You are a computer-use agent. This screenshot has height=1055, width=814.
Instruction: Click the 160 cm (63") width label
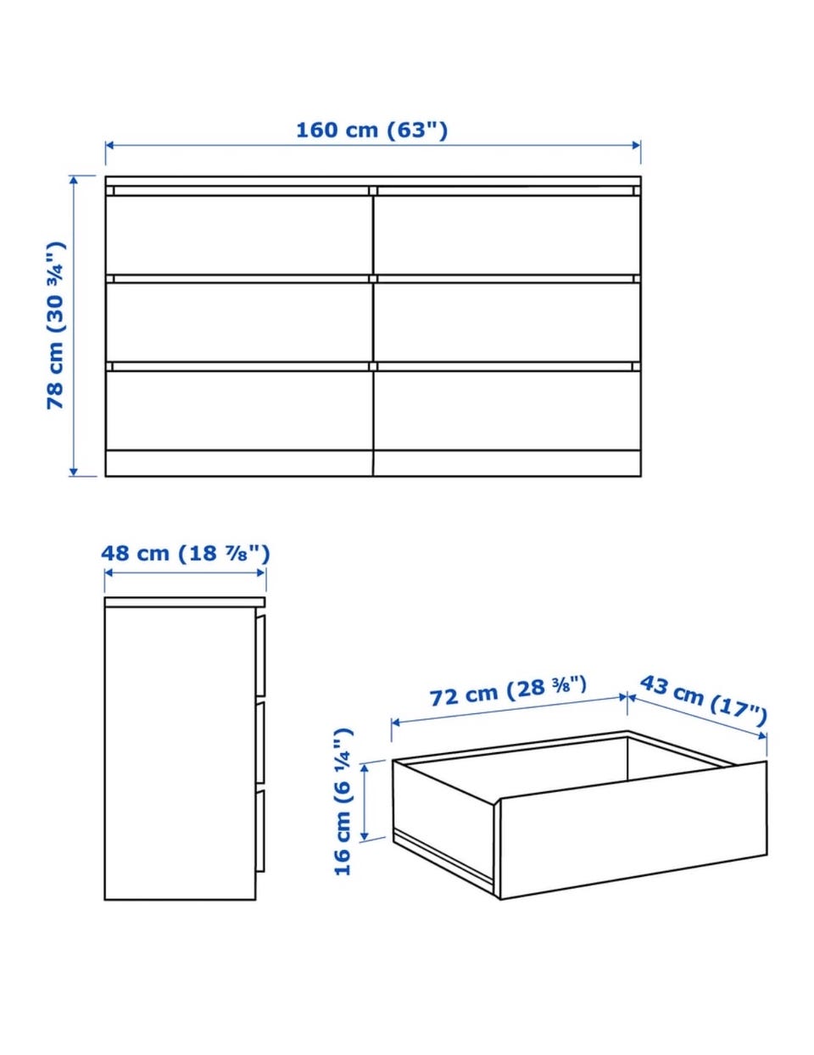tap(371, 130)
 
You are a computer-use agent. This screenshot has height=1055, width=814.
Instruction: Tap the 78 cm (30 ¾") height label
tap(56, 325)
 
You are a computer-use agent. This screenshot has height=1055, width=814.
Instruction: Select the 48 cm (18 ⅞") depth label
tap(185, 554)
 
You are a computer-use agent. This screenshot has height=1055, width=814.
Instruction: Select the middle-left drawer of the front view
tap(239, 322)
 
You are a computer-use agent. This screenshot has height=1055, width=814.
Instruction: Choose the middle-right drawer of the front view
tap(507, 322)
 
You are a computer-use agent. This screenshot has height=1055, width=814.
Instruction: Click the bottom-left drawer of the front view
tap(239, 410)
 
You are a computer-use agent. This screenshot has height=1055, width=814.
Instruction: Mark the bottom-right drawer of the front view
tap(507, 410)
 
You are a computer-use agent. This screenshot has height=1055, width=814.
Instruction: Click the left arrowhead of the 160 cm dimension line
tap(109, 145)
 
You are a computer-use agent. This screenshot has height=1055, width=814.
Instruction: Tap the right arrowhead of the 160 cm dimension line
tap(636, 145)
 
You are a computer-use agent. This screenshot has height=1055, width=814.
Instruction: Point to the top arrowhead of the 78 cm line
tap(73, 180)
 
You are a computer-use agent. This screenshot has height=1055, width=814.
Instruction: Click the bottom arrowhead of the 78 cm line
tap(73, 472)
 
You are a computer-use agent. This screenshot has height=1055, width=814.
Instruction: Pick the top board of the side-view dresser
tap(185, 602)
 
